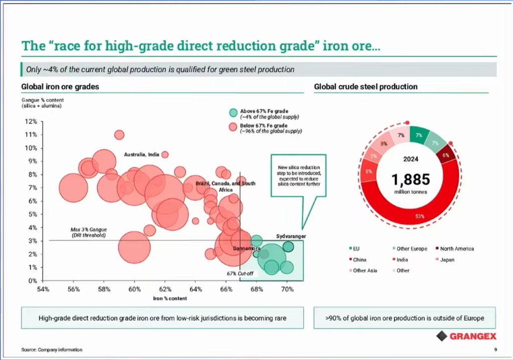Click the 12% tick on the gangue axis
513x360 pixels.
coord(31,121)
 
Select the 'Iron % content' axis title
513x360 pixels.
coord(169,298)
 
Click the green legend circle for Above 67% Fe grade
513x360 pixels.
coord(233,113)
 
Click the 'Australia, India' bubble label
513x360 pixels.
coord(141,154)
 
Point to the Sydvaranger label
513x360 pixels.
coord(291,236)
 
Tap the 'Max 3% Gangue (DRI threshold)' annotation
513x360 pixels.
coord(88,232)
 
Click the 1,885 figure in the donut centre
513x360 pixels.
coord(410,179)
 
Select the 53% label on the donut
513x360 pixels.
coord(419,217)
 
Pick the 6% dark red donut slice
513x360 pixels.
coord(445,155)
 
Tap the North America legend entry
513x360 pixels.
coord(456,249)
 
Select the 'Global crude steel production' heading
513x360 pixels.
coord(366,87)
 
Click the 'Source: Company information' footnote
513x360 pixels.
coord(52,349)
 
